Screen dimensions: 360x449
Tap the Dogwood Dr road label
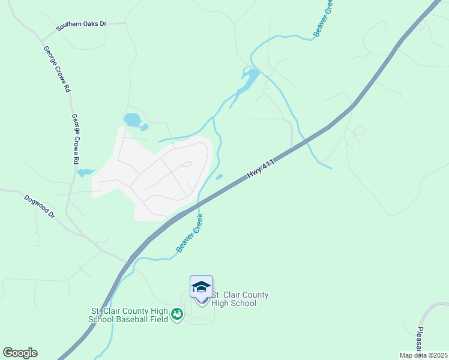tap(40, 206)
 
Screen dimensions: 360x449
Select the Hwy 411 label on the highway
tap(261, 170)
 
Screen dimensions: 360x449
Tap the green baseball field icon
tap(176, 314)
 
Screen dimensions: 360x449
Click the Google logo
tap(20, 353)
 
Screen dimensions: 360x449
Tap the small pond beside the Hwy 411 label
tap(219, 176)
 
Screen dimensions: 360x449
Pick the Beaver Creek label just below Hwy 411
tap(189, 233)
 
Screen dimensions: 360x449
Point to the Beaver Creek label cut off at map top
tap(322, 18)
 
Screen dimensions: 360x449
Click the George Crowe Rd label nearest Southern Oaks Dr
tap(57, 68)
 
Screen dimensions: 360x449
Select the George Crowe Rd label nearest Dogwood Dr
tap(74, 139)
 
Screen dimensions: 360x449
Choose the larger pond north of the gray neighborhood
tap(132, 119)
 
